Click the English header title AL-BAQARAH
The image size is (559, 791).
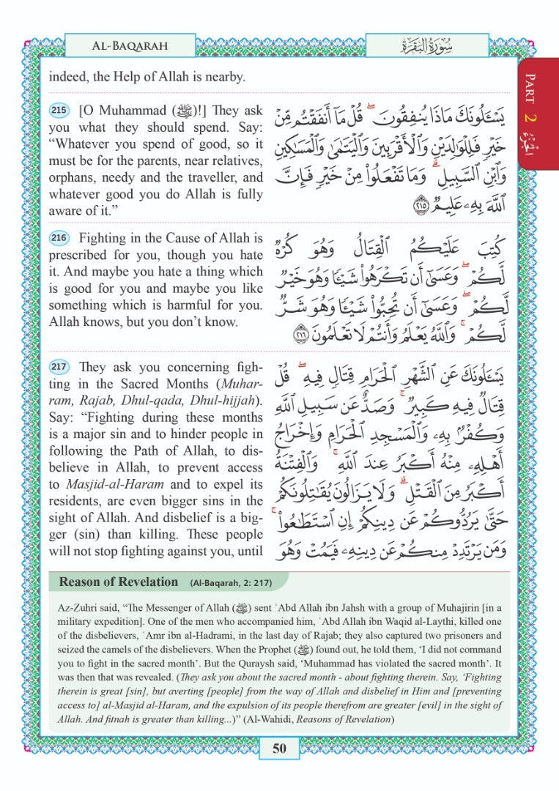(130, 45)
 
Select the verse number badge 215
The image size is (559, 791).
(59, 111)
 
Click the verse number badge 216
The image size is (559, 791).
(59, 239)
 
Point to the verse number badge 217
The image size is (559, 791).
(59, 367)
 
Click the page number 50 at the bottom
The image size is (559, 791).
(278, 748)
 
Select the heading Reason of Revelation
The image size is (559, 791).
(118, 582)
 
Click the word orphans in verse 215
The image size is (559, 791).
(72, 178)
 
